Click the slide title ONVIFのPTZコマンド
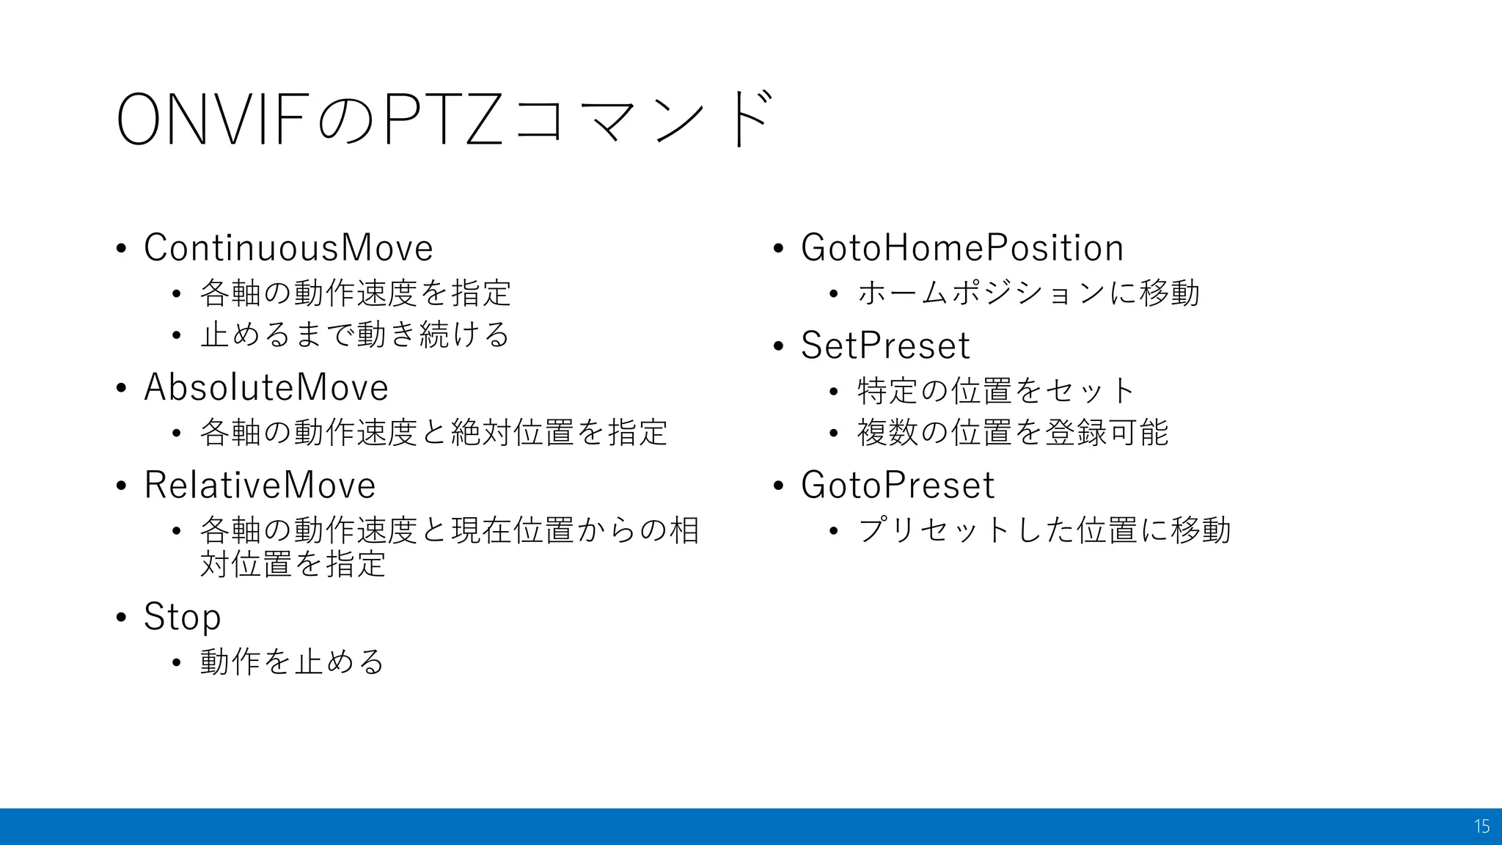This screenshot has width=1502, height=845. coord(443,120)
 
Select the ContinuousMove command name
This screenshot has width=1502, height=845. coord(288,247)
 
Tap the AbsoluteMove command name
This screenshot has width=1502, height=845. coord(266,387)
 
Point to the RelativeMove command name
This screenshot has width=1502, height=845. coord(260,485)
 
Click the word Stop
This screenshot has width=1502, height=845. coord(182,616)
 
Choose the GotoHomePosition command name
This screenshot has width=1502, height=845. coord(961,247)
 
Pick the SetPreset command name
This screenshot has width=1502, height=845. coord(885,345)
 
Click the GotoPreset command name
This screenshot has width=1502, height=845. coord(898,485)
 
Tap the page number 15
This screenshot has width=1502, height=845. coord(1481,827)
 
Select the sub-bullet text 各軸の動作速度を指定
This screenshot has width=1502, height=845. coord(355,293)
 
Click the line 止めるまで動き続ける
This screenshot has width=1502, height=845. coord(355,334)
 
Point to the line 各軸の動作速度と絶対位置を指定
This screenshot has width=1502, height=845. coord(433,432)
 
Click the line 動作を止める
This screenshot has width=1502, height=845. coord(292,662)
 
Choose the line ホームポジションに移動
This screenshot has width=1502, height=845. coord(1028,293)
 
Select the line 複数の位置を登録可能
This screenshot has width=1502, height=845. coord(1012,432)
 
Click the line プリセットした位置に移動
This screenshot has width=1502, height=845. coord(1044,530)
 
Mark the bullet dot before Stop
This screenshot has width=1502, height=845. coord(122,618)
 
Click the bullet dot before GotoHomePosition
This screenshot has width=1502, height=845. coord(779,249)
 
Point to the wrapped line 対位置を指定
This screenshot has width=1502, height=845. coord(293,563)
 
